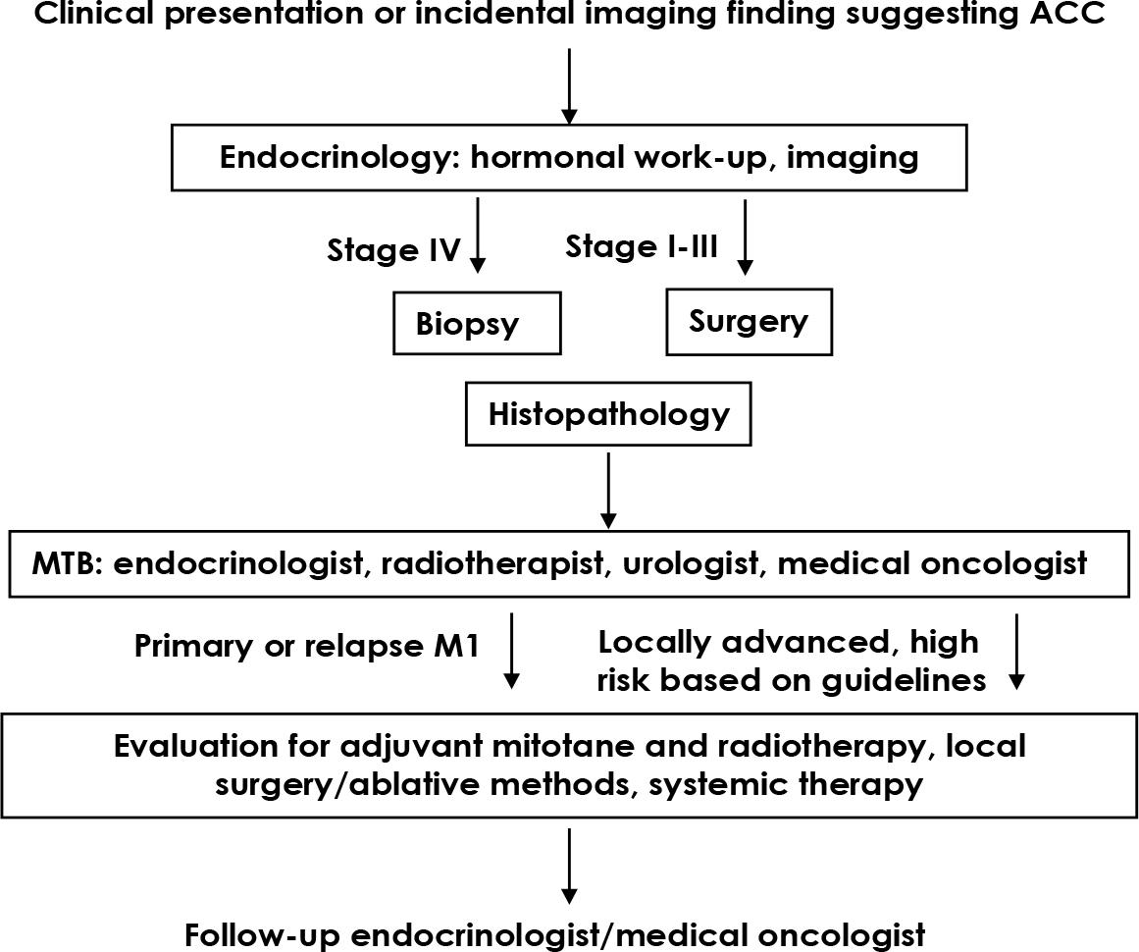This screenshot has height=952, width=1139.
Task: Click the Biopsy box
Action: [477, 323]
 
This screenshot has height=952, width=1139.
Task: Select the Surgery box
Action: [749, 321]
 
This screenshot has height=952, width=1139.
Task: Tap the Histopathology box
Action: [609, 414]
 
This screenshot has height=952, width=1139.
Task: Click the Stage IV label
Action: [393, 250]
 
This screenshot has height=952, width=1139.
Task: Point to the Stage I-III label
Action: [642, 246]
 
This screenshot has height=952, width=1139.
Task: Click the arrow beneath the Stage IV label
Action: [478, 235]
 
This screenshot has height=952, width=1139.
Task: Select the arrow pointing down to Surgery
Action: [746, 237]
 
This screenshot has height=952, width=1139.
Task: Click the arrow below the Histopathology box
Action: [608, 490]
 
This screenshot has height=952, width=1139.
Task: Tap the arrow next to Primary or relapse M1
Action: [511, 651]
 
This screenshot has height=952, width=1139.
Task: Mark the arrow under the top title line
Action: [569, 86]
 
